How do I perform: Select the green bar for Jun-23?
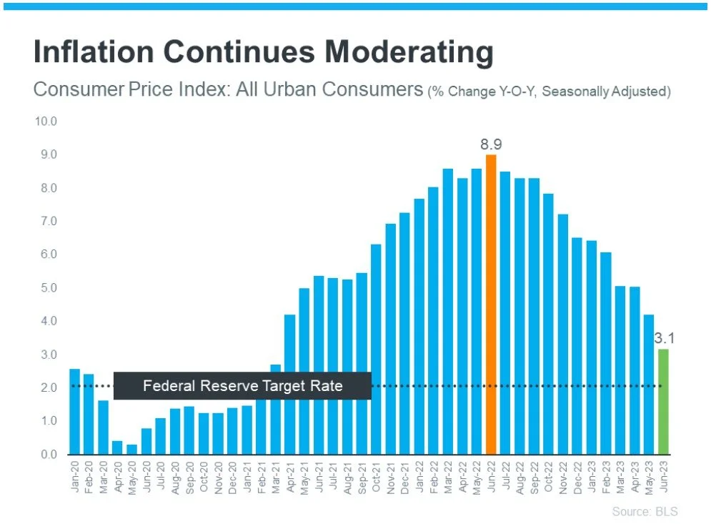(663, 401)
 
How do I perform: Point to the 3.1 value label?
(665, 337)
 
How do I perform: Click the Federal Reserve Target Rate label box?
(242, 386)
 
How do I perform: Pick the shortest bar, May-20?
(131, 449)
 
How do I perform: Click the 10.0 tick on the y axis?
(46, 122)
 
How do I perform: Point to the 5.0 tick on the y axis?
(47, 288)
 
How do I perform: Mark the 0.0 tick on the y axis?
(47, 455)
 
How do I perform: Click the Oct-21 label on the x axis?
(377, 475)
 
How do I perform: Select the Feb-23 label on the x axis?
(606, 475)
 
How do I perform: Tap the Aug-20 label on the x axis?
(176, 475)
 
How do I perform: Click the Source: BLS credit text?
(645, 511)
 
